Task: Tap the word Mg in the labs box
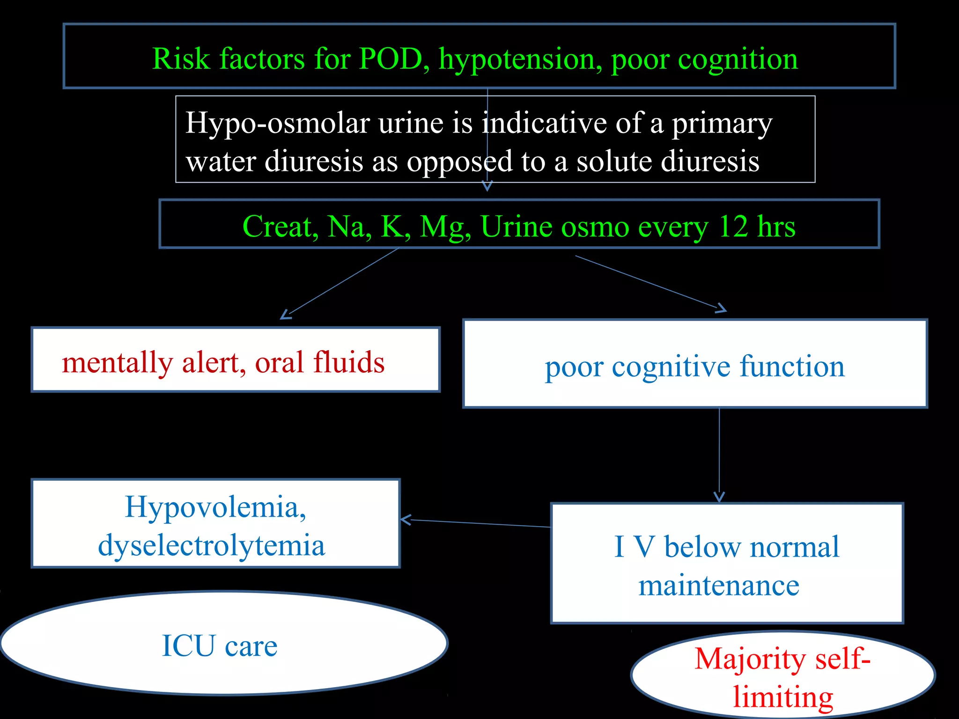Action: pyautogui.click(x=445, y=227)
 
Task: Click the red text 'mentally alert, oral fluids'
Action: pyautogui.click(x=223, y=362)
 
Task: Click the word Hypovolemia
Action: pyautogui.click(x=215, y=507)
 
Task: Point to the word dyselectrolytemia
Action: pyautogui.click(x=212, y=545)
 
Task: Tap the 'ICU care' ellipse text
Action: pyautogui.click(x=220, y=646)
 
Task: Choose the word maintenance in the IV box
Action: pyautogui.click(x=719, y=585)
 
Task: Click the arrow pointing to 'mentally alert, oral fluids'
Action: pyautogui.click(x=339, y=283)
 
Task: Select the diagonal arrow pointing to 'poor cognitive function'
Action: pyautogui.click(x=651, y=284)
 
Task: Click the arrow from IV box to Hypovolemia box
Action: pyautogui.click(x=475, y=523)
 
